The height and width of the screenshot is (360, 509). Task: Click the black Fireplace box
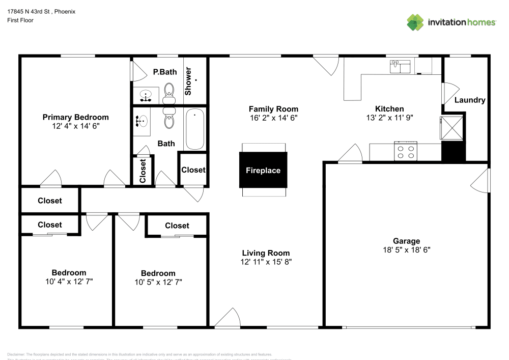point(263,170)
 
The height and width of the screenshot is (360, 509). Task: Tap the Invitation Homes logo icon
point(415,22)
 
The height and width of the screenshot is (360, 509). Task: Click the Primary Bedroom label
point(75,117)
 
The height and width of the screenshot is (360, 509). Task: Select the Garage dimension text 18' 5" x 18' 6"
point(406,250)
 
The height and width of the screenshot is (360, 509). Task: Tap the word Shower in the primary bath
point(188,81)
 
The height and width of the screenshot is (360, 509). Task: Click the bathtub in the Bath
point(194,129)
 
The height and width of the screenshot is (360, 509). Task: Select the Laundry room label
point(469,100)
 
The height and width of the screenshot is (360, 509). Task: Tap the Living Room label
point(266,253)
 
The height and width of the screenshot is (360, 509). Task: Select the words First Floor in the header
point(20,20)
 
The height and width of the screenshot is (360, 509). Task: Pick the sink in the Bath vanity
point(142,121)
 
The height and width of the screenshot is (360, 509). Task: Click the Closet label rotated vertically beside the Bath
point(143,171)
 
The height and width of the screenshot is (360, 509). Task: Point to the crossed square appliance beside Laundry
point(451,127)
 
